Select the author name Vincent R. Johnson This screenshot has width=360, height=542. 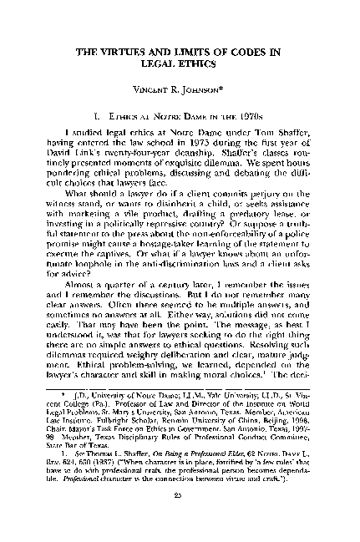pos(180,89)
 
